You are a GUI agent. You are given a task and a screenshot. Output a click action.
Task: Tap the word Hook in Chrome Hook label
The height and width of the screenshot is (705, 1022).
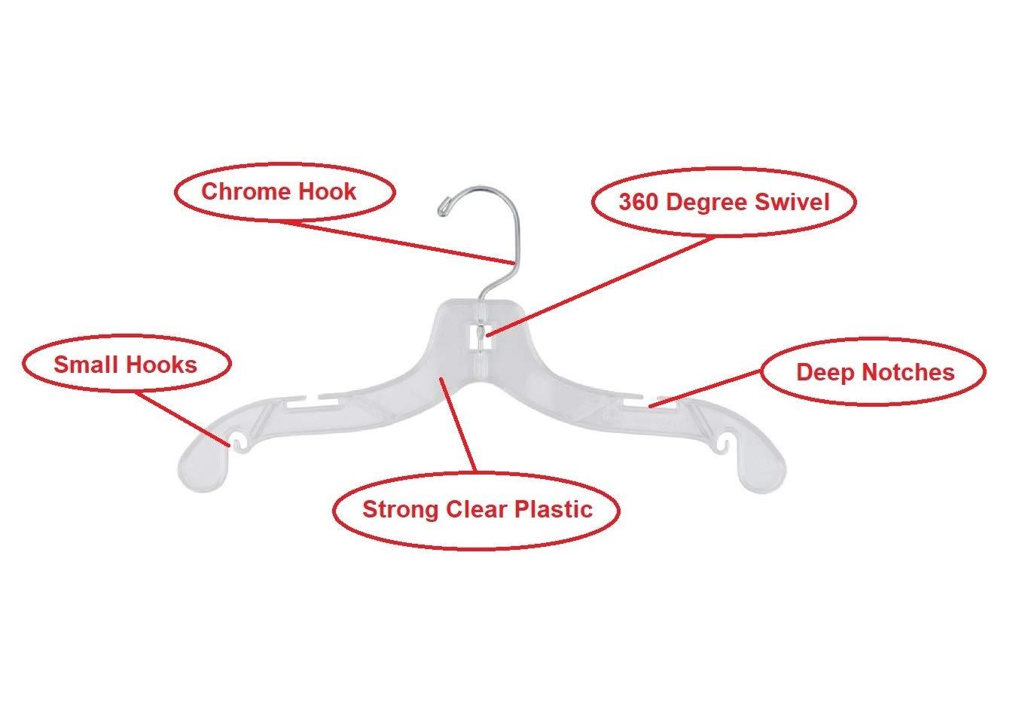coord(328,191)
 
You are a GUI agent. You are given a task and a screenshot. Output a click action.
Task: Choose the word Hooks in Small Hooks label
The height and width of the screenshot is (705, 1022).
coord(161,365)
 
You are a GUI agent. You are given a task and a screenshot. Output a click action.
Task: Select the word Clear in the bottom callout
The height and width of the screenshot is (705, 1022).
coord(477,509)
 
